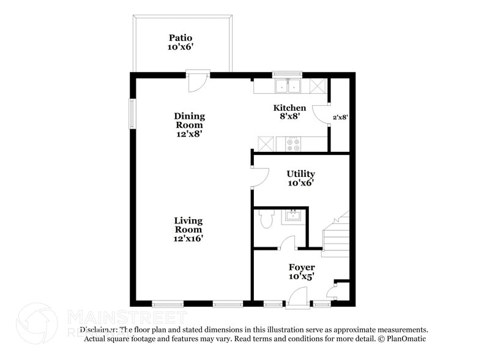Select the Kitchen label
[289, 108]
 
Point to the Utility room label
[301, 174]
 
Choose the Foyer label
[302, 268]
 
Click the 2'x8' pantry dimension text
[340, 116]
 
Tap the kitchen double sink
[286, 86]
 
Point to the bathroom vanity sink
[294, 216]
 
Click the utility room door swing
[259, 176]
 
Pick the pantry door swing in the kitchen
[321, 113]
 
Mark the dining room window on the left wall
[131, 113]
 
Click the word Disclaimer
[99, 329]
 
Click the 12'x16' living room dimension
[188, 239]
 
